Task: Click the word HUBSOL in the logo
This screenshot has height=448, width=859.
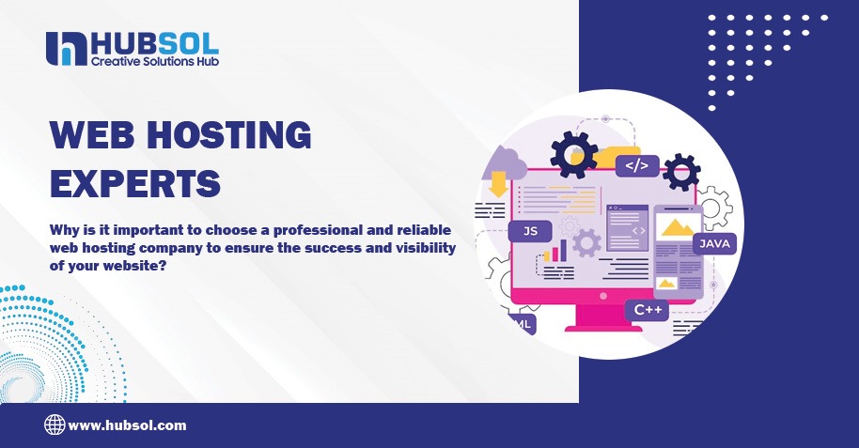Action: coord(155,42)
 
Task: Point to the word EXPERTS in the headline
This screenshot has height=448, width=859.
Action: coord(134,181)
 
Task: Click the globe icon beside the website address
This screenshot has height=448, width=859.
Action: coord(55,425)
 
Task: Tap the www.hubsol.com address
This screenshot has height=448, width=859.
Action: coord(128,425)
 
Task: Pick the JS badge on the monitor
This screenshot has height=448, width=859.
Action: coord(530,230)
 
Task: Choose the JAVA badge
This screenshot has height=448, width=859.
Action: coord(713,244)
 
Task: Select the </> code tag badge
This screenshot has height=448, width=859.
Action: coord(636,166)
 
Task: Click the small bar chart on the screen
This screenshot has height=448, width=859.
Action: coord(555,251)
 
